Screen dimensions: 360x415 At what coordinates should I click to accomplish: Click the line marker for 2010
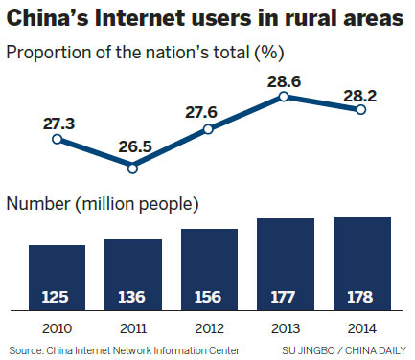[x=57, y=139]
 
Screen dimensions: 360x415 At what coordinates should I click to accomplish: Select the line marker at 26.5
[x=132, y=169]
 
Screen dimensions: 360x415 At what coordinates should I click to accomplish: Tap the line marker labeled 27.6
[x=209, y=128]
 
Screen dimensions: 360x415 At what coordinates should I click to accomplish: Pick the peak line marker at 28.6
[x=286, y=96]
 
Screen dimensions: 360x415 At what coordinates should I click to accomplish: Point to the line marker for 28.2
[x=361, y=110]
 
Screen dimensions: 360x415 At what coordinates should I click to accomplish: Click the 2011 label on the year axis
[x=132, y=327]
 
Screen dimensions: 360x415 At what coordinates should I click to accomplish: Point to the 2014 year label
[x=361, y=327]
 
